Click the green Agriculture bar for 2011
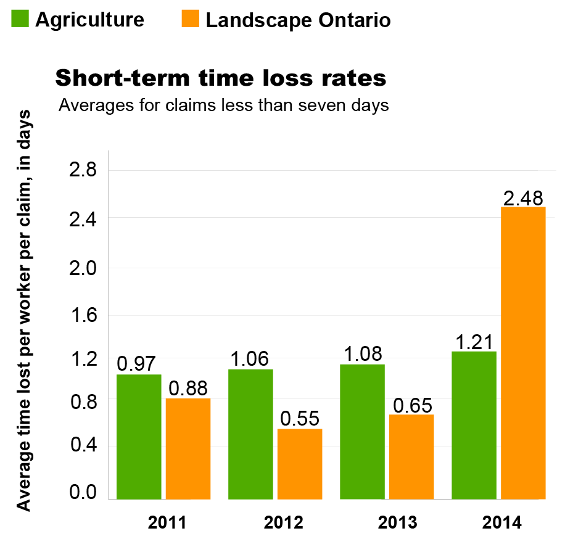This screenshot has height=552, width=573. [x=139, y=437]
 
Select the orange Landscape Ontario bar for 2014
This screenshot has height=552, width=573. [x=523, y=353]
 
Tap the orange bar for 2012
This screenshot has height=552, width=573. [x=300, y=464]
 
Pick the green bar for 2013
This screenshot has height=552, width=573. [x=362, y=432]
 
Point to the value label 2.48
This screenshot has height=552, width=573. [x=523, y=198]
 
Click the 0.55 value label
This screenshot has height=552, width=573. [x=300, y=419]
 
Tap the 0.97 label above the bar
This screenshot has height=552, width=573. [x=137, y=364]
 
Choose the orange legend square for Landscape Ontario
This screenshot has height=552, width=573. [x=191, y=20]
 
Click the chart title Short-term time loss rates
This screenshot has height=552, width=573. [x=221, y=78]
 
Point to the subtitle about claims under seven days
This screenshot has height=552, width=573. [x=223, y=105]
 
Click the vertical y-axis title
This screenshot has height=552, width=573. [x=24, y=310]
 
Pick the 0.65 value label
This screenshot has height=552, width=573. [x=412, y=405]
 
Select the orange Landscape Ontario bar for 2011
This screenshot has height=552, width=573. [x=188, y=448]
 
